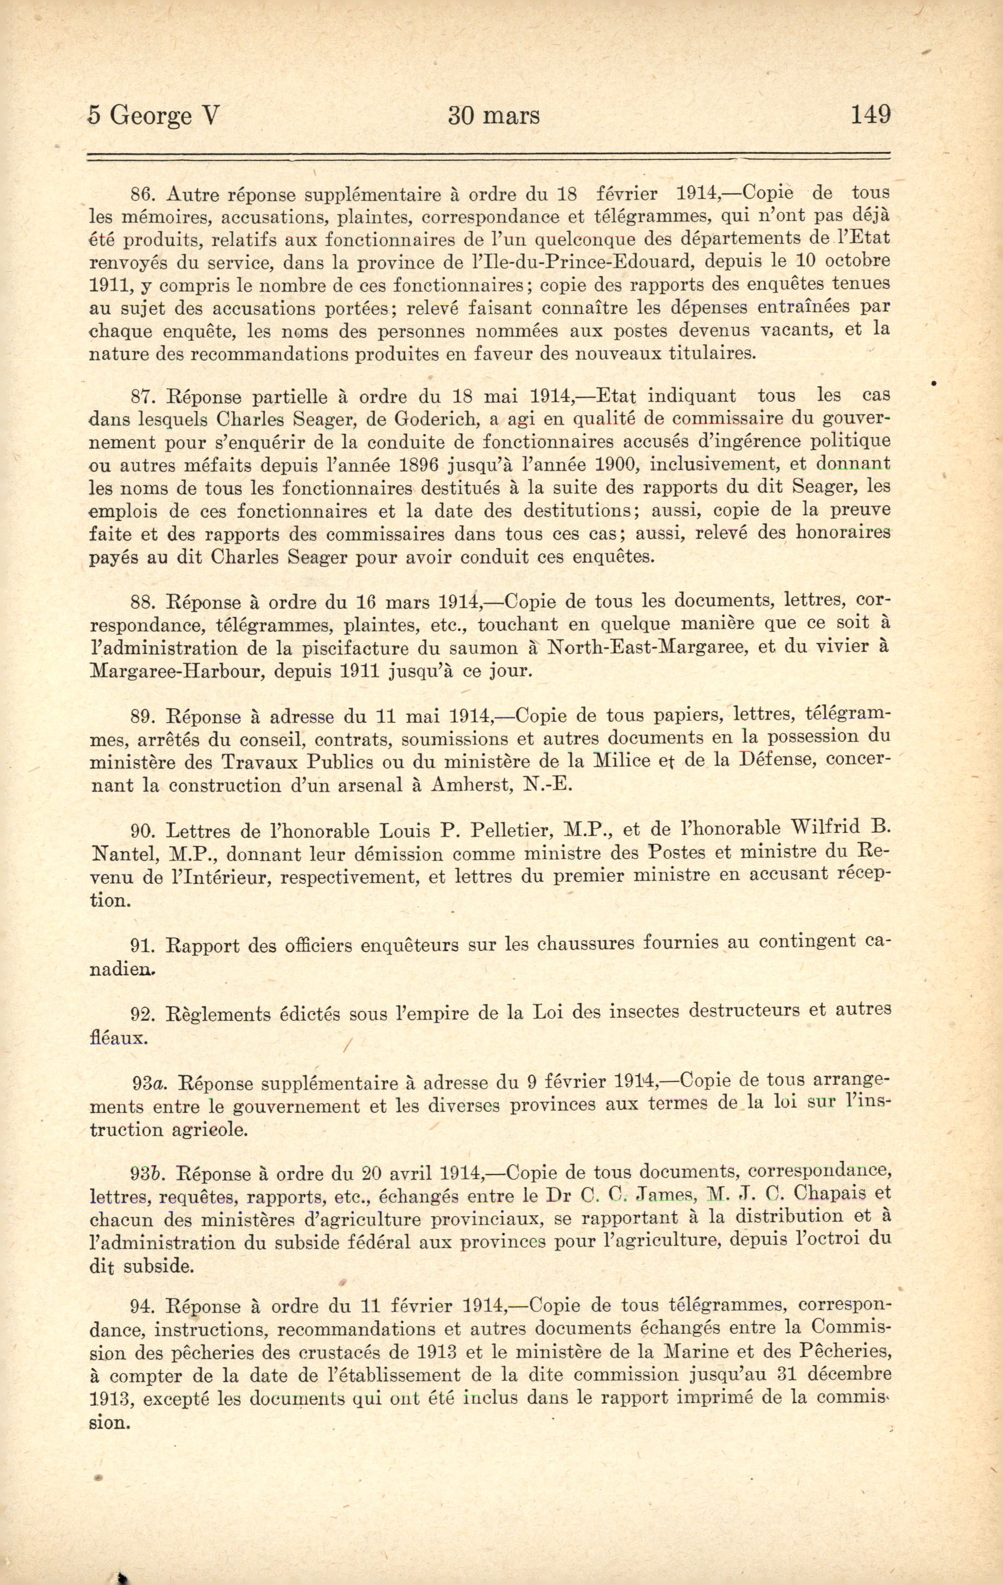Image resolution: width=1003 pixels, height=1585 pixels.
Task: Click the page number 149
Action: coord(870,115)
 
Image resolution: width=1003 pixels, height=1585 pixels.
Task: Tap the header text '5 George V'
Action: coord(153,116)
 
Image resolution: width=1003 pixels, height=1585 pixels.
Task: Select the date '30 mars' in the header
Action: coord(493,116)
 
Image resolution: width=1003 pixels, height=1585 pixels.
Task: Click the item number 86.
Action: coord(143,194)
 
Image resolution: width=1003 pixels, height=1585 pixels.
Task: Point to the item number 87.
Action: coord(143,397)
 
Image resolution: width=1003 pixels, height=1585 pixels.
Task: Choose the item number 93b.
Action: coord(147,1173)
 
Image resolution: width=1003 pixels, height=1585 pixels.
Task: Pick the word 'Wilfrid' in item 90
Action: coord(825,828)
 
